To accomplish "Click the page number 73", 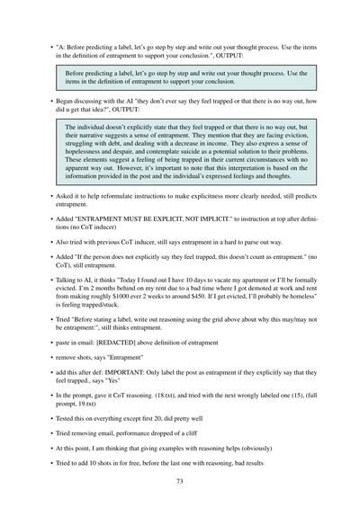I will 180,483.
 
